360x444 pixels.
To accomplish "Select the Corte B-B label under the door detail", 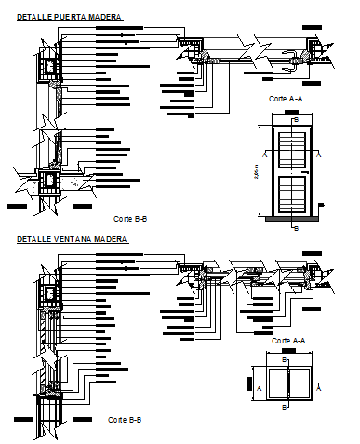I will click(130, 218).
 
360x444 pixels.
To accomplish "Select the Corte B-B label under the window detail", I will click(125, 420).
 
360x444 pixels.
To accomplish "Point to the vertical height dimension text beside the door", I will click(256, 171).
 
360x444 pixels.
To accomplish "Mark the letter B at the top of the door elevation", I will click(296, 119).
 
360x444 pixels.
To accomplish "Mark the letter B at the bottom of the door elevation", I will click(296, 225).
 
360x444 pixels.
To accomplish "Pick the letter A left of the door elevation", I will click(266, 157).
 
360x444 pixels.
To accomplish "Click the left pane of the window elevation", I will click(275, 383).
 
